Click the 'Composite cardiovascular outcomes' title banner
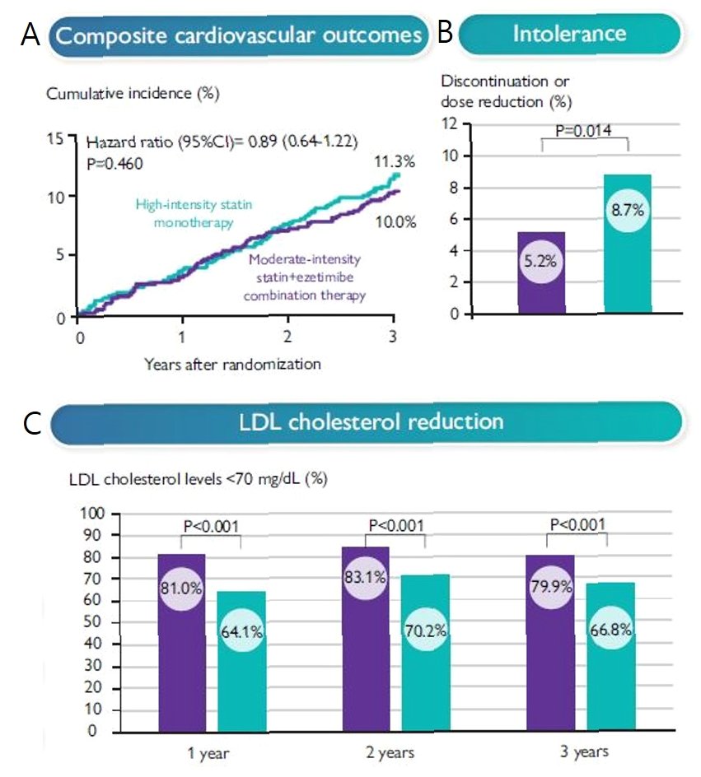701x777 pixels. pyautogui.click(x=240, y=35)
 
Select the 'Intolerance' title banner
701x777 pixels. pyautogui.click(x=569, y=34)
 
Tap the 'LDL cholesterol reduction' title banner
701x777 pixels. pyautogui.click(x=367, y=422)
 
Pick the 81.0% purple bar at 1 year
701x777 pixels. pyautogui.click(x=180, y=643)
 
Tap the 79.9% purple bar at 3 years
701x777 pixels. pyautogui.click(x=549, y=643)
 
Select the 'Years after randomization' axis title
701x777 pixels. pyautogui.click(x=231, y=362)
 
